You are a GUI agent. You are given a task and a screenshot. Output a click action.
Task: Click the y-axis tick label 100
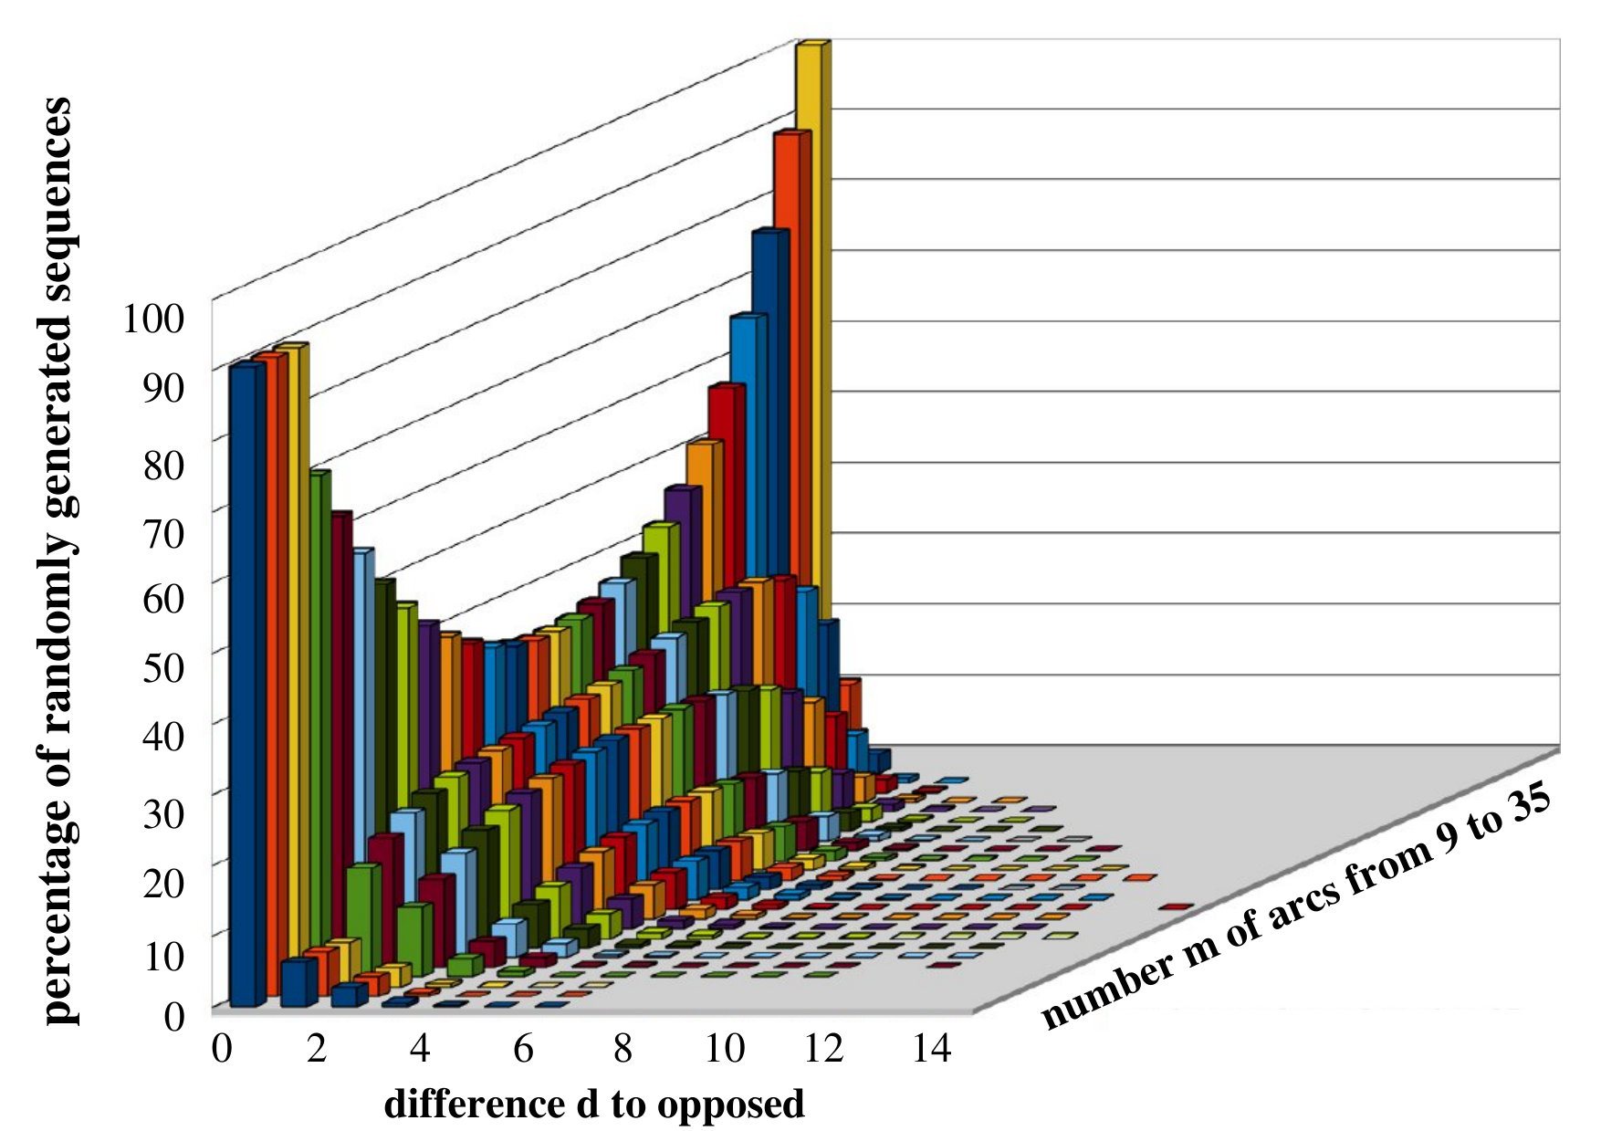click(x=154, y=319)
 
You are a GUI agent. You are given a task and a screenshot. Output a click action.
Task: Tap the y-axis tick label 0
click(x=174, y=1015)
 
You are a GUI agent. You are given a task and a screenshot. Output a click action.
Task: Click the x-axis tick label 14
click(x=931, y=1049)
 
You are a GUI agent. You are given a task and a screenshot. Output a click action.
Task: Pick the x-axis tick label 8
click(x=623, y=1049)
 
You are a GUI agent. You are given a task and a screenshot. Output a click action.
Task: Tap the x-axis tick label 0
click(x=222, y=1049)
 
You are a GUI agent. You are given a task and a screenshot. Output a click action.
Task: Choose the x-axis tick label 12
click(x=823, y=1049)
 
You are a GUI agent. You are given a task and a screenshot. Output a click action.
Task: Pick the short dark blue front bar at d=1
click(x=298, y=982)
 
